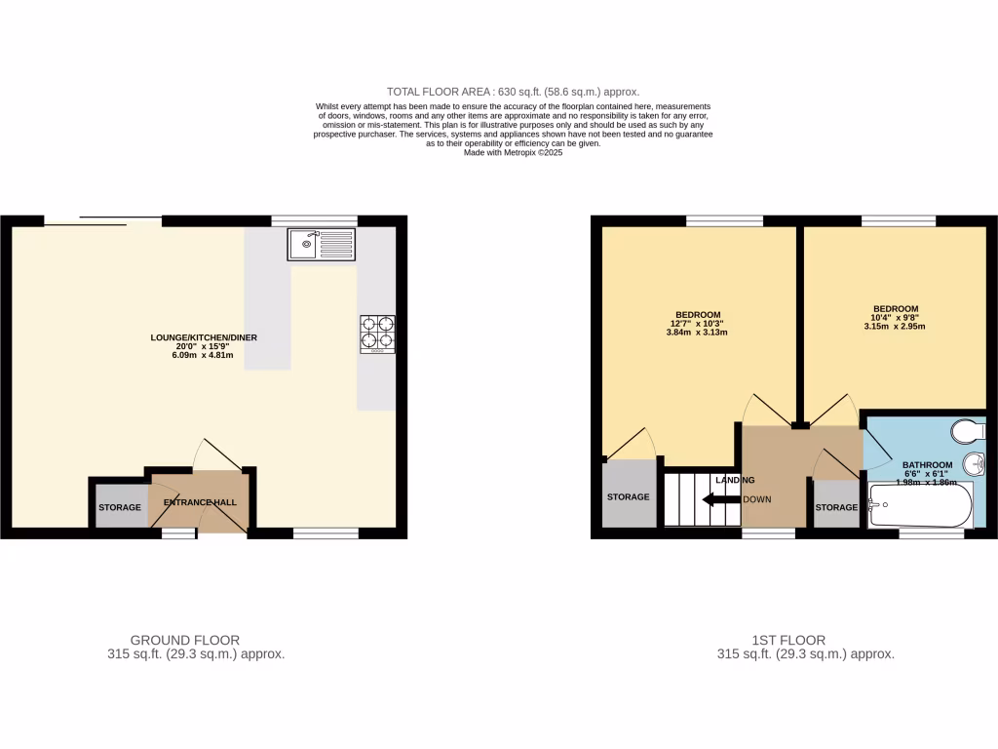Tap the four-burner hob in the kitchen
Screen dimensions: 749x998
[x=377, y=333]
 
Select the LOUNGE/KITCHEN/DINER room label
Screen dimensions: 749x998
[x=204, y=337]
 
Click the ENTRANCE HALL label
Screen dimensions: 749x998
[x=200, y=503]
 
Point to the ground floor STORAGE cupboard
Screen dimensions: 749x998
[x=120, y=507]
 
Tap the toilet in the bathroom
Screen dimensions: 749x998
[x=972, y=431]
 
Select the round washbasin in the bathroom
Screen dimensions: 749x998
[x=974, y=462]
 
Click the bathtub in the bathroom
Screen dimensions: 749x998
[x=919, y=505]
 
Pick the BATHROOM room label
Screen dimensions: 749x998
[x=927, y=465]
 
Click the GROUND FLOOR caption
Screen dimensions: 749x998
[x=185, y=640]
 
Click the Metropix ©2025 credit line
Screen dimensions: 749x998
[x=513, y=152]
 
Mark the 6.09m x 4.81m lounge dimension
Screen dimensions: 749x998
[x=204, y=356]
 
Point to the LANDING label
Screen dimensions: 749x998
[x=734, y=480]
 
